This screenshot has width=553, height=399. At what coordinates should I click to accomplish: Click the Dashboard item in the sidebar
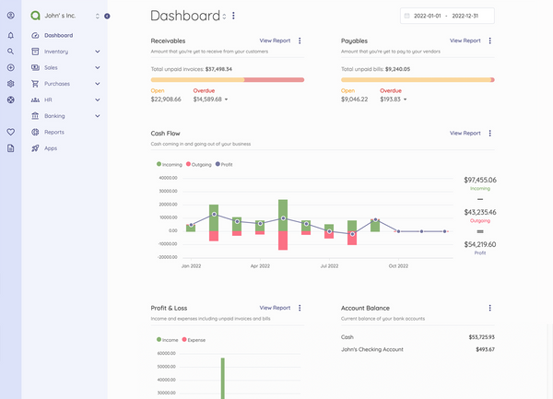click(x=58, y=35)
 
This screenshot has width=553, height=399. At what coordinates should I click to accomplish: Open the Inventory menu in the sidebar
click(x=56, y=52)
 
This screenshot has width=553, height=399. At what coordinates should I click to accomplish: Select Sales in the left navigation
click(x=52, y=67)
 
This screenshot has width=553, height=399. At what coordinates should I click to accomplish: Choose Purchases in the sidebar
click(x=57, y=84)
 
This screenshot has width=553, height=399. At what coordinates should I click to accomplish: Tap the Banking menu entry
click(x=54, y=116)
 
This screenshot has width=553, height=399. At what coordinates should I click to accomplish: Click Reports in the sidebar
click(x=54, y=132)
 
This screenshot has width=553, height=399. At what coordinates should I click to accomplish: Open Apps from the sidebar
click(x=51, y=148)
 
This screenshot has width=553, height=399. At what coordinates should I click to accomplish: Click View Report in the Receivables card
click(x=275, y=41)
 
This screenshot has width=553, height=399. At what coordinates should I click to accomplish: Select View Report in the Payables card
click(x=465, y=41)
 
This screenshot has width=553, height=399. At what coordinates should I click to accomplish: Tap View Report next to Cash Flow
click(x=465, y=133)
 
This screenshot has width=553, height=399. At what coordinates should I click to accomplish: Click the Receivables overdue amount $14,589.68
click(x=208, y=99)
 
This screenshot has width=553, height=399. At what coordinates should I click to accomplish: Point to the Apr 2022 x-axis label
click(x=260, y=265)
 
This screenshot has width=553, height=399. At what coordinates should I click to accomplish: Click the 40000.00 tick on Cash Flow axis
click(x=167, y=178)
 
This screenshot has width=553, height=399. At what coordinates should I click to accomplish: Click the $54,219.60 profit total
click(x=479, y=244)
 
